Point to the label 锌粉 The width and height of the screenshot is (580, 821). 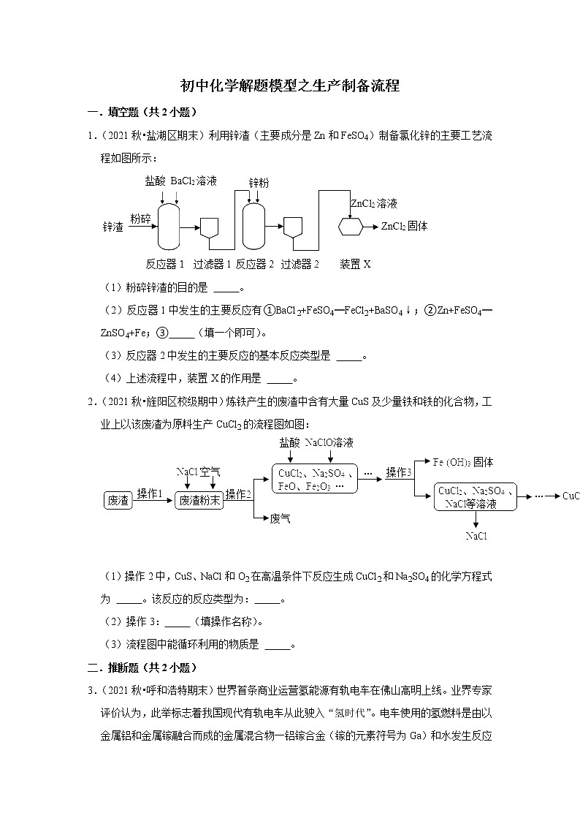259,183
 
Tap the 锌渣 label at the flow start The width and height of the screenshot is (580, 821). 113,227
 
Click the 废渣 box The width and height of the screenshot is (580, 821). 118,501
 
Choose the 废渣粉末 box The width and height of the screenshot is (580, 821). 199,501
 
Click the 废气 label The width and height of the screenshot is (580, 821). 281,518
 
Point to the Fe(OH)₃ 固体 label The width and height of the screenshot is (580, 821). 463,462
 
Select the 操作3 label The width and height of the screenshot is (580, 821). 399,472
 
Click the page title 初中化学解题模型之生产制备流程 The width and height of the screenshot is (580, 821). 290,86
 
